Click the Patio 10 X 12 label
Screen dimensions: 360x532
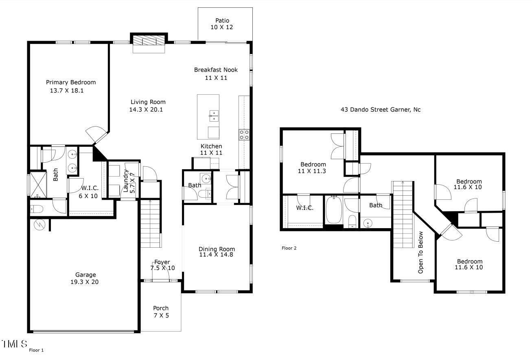222,24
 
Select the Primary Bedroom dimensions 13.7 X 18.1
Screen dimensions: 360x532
67,91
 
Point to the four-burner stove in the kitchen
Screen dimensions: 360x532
244,135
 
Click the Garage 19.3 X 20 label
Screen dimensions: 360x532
85,278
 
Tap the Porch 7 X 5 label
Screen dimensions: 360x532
161,312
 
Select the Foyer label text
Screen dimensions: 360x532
162,262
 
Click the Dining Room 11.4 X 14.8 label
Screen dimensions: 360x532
217,252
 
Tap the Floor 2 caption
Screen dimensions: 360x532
289,248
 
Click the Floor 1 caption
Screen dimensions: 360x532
36,350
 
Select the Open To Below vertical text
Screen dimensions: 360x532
421,252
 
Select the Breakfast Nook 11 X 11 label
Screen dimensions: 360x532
216,74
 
